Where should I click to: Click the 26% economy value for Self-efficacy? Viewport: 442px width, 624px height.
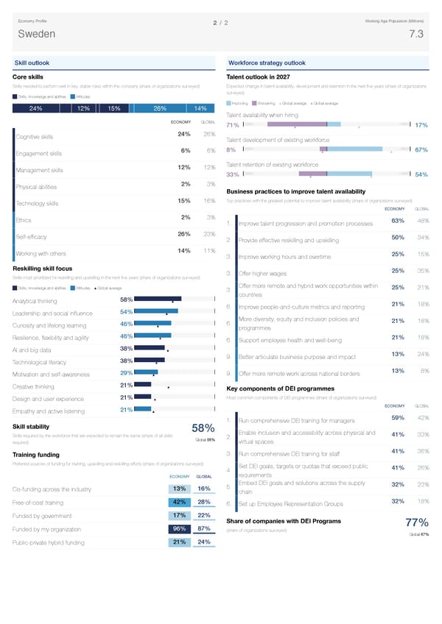coord(185,234)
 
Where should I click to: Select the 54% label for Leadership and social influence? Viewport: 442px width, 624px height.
coord(126,312)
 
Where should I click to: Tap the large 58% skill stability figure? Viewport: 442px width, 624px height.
coord(203,429)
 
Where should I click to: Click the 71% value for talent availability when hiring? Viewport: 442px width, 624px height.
coord(232,125)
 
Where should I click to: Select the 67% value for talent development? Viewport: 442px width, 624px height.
coord(422,150)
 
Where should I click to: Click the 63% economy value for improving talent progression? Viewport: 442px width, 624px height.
coord(397,221)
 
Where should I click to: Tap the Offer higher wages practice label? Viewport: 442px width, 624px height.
coord(262,274)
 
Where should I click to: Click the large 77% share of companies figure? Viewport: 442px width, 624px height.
coord(413,523)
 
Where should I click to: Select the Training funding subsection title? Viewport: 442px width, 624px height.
coord(36,453)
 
